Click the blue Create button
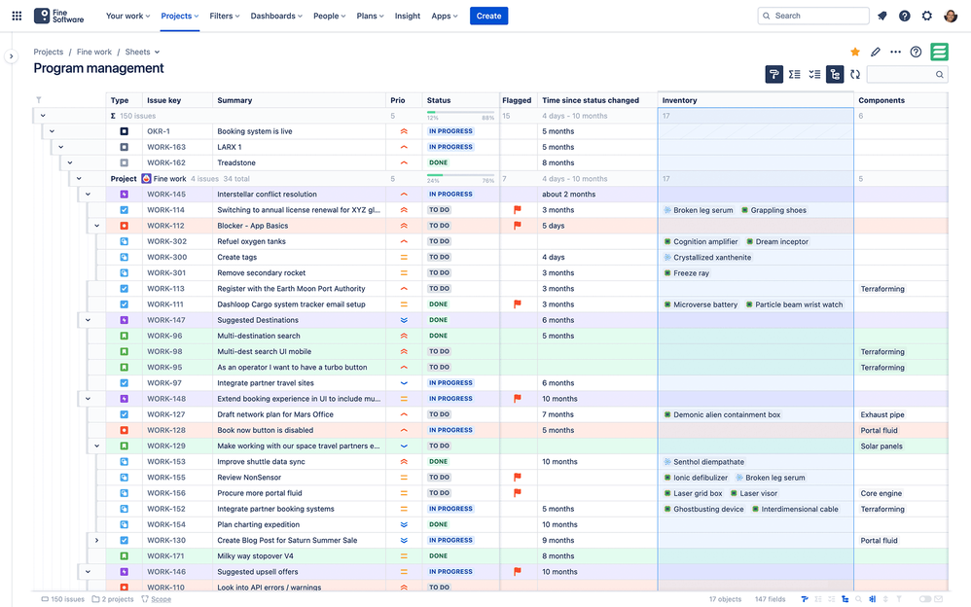tap(488, 16)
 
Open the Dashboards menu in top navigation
tap(275, 16)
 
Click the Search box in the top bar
tap(812, 16)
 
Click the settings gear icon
tap(926, 16)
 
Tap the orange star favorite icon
tap(855, 52)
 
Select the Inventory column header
tap(679, 100)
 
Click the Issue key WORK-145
tap(165, 195)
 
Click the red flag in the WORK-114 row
tap(518, 210)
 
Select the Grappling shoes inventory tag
tap(777, 210)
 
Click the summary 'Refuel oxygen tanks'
tap(251, 241)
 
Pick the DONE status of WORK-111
tap(439, 304)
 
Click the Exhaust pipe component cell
tap(881, 414)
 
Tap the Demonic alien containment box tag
tap(726, 414)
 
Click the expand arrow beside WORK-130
tap(96, 540)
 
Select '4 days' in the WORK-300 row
tap(554, 258)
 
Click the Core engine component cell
tap(881, 493)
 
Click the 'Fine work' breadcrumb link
tap(94, 52)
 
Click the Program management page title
tap(98, 69)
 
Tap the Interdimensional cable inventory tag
tap(799, 509)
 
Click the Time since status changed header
tap(591, 100)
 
